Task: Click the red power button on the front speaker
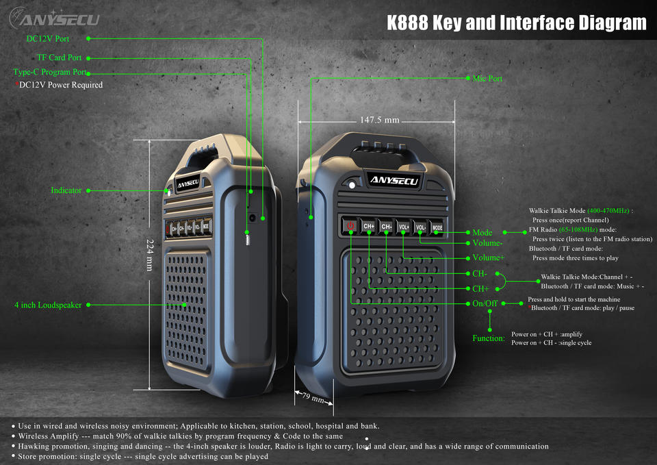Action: tap(350, 225)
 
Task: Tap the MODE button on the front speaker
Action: tap(437, 227)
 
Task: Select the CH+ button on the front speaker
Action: tap(369, 226)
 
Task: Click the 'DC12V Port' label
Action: tap(48, 39)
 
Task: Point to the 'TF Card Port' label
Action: tap(60, 58)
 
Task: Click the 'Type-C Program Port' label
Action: tap(50, 72)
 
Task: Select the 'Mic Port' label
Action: tap(487, 79)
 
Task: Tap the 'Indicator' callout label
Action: tap(66, 190)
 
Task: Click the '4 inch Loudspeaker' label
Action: tap(49, 305)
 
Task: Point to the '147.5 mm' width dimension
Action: tap(379, 121)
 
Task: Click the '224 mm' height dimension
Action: tap(150, 255)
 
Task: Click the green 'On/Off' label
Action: tap(485, 303)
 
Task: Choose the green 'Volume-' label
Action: tap(488, 243)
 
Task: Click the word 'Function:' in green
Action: tap(489, 338)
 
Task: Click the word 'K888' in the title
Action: tap(408, 23)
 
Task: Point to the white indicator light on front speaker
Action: tap(352, 185)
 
